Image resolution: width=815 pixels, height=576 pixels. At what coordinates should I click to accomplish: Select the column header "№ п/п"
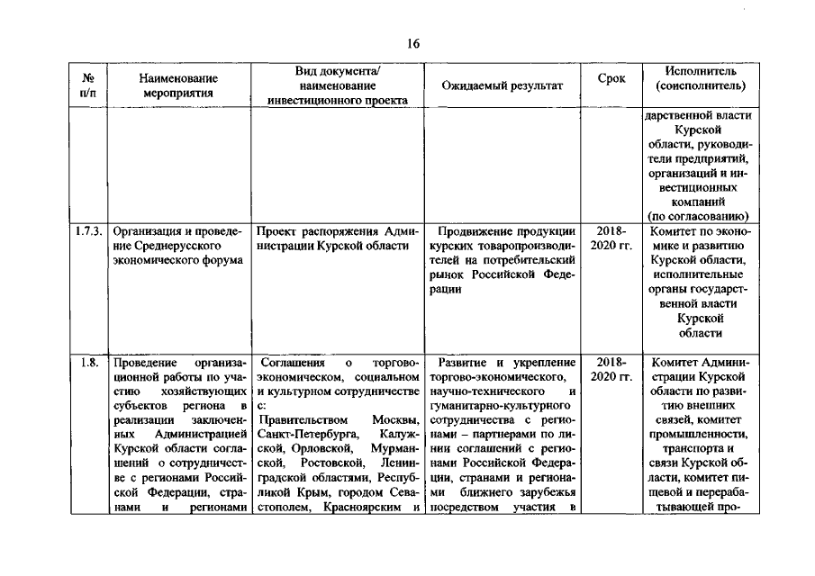[x=86, y=85]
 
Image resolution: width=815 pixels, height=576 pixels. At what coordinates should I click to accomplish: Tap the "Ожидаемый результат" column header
[x=503, y=85]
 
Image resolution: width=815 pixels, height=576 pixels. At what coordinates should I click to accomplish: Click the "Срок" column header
[x=611, y=78]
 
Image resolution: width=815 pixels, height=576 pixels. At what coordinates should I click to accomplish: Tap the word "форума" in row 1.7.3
[x=215, y=260]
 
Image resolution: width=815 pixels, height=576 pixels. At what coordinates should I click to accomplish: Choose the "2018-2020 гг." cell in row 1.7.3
[x=611, y=238]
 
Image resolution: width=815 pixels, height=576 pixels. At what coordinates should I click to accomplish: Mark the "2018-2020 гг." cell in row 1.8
[x=611, y=369]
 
